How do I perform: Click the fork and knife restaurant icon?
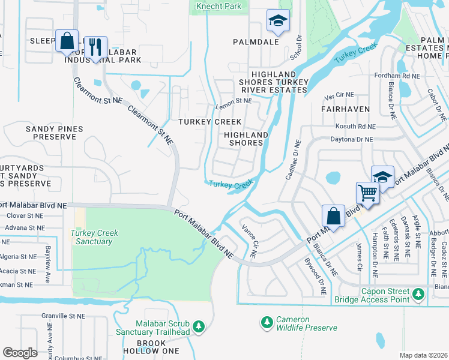(x=95, y=46)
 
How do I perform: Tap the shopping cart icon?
(x=367, y=193)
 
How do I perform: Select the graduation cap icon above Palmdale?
(x=278, y=21)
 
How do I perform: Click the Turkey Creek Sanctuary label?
(x=94, y=237)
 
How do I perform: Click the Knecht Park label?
(x=218, y=6)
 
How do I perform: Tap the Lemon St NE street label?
(x=233, y=101)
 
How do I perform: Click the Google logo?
(x=20, y=353)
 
